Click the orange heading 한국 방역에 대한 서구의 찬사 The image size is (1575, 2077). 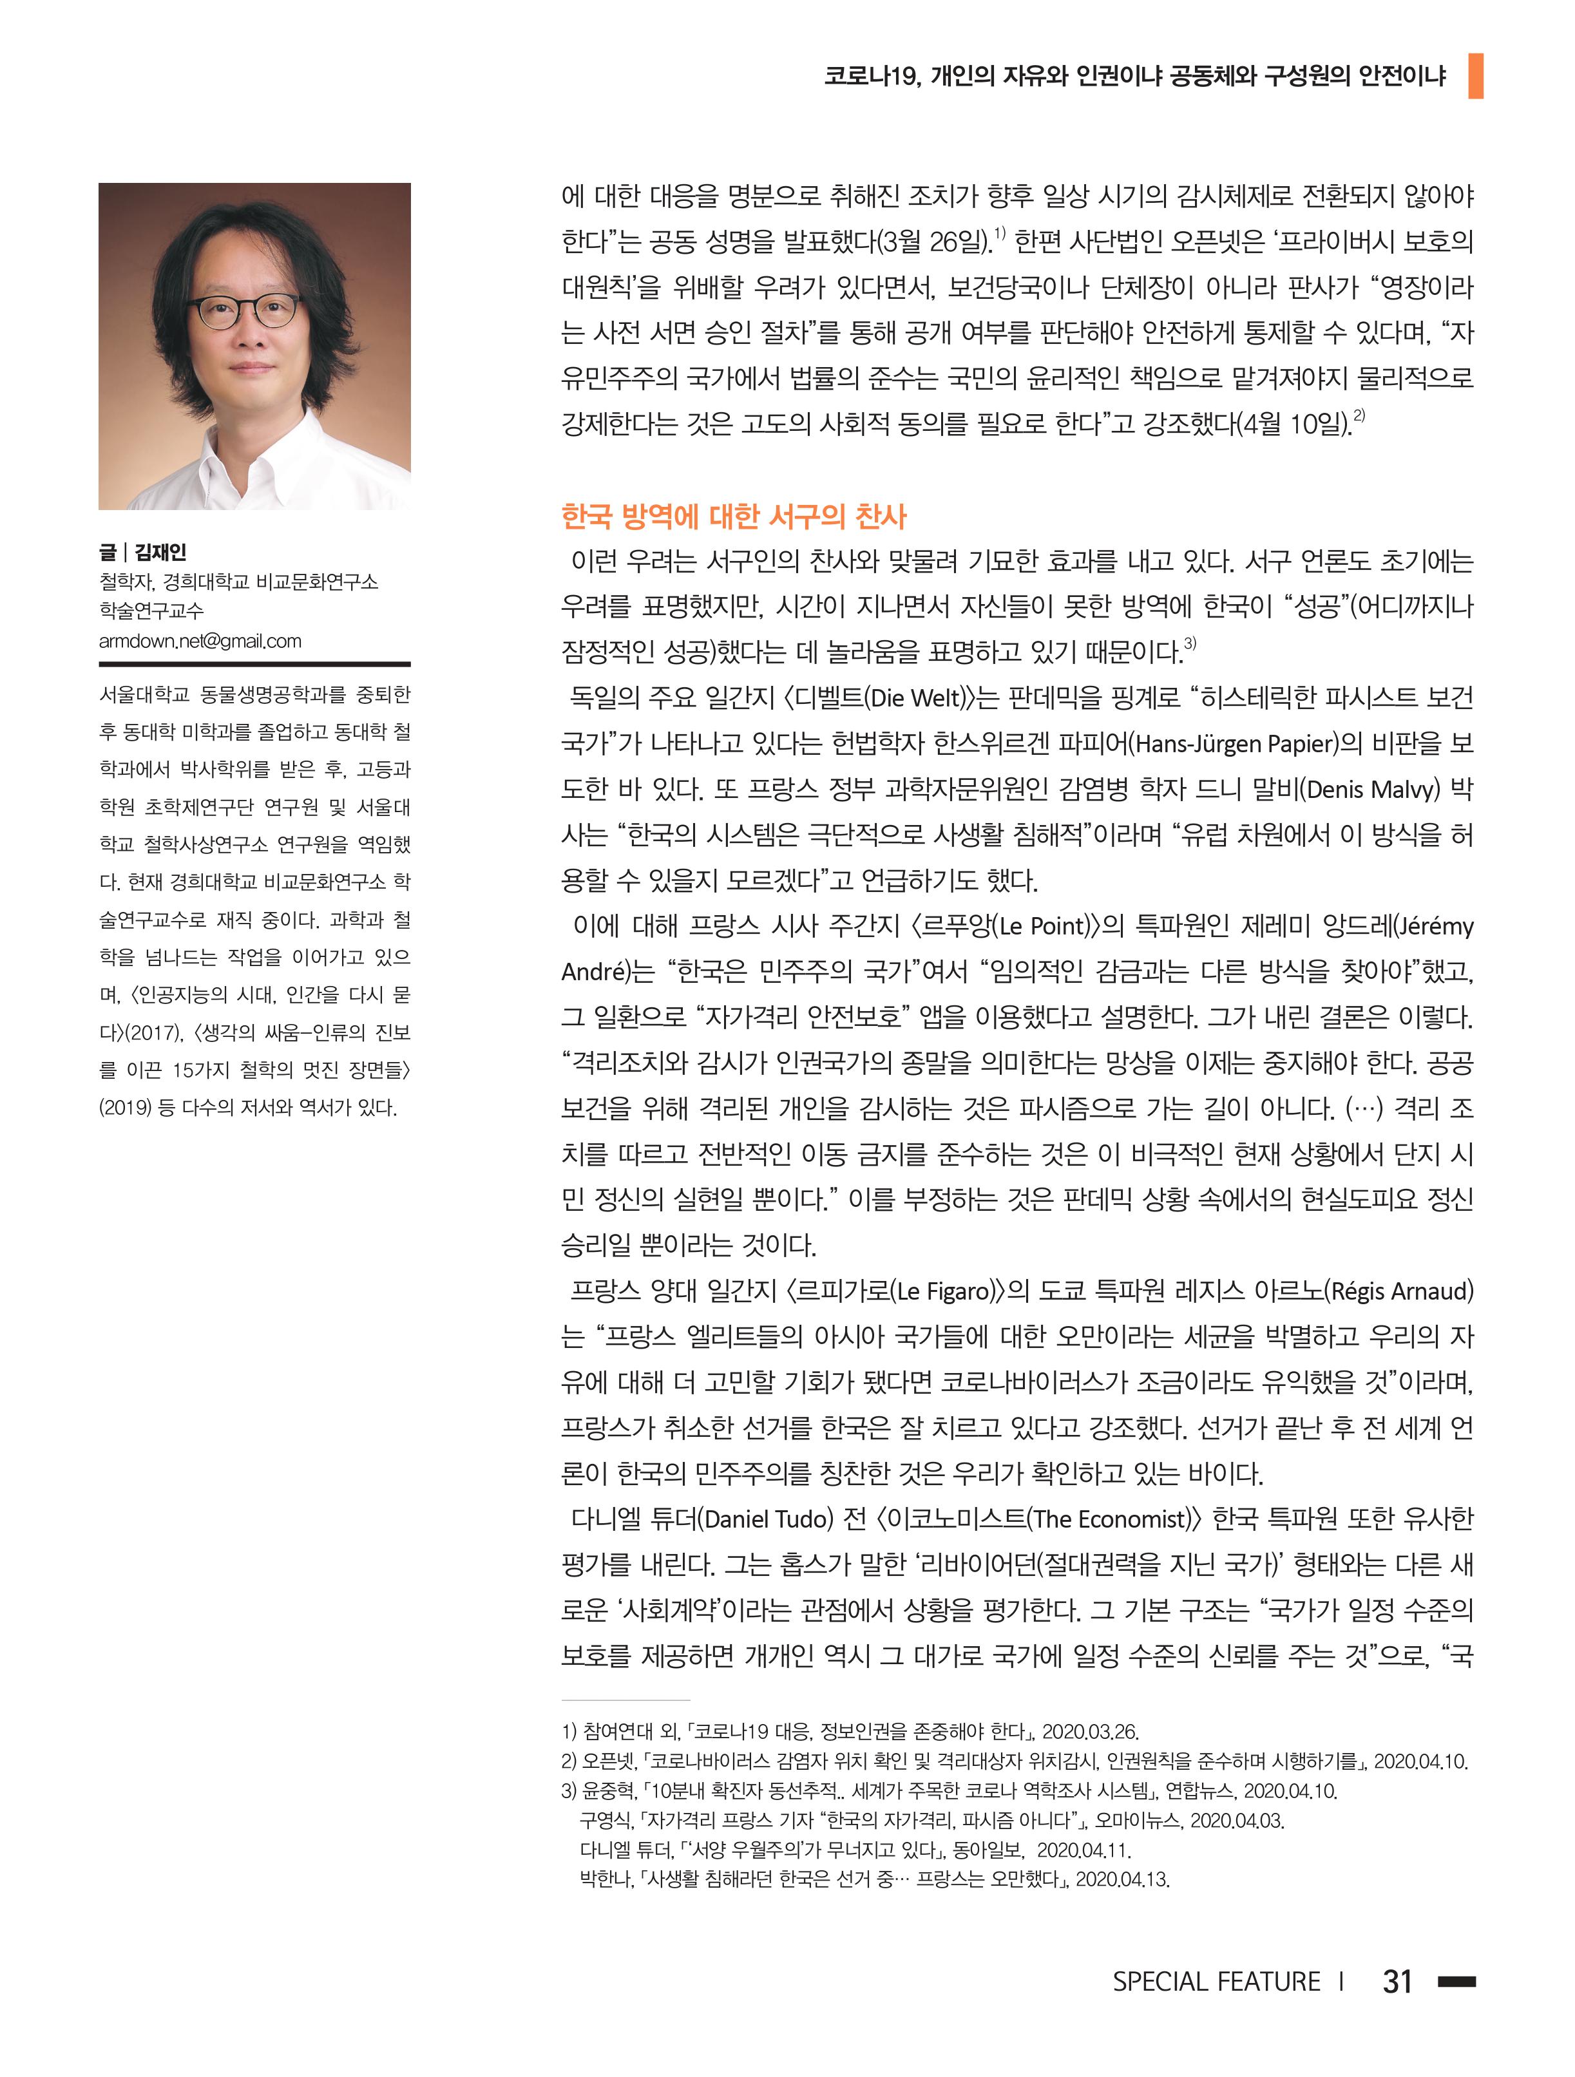(734, 515)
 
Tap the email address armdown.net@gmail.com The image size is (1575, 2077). (200, 641)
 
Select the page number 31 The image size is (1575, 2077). (1397, 1980)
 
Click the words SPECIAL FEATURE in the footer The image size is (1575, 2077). (1216, 1981)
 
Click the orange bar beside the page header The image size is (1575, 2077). (1475, 76)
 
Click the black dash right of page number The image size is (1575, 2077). (1456, 1981)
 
